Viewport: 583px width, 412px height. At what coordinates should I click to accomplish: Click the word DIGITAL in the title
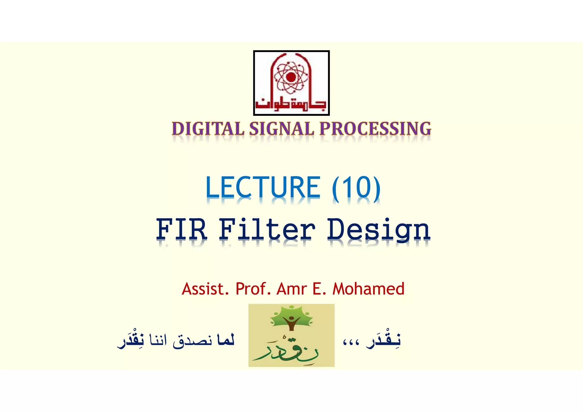tap(208, 129)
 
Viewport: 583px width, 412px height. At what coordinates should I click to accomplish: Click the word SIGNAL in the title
tap(282, 129)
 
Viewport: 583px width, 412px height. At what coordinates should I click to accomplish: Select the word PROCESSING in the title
tap(375, 129)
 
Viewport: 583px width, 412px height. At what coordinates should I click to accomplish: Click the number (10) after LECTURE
tap(356, 188)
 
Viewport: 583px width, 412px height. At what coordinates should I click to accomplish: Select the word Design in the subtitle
tap(379, 230)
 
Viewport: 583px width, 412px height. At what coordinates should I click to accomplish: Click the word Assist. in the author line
tap(205, 289)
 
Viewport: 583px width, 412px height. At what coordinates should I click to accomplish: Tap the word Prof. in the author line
tap(253, 289)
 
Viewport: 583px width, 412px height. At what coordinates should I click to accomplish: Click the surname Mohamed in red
tap(368, 289)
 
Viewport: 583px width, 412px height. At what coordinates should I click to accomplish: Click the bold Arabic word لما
tap(225, 340)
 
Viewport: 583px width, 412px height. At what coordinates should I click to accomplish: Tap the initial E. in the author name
tap(319, 289)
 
